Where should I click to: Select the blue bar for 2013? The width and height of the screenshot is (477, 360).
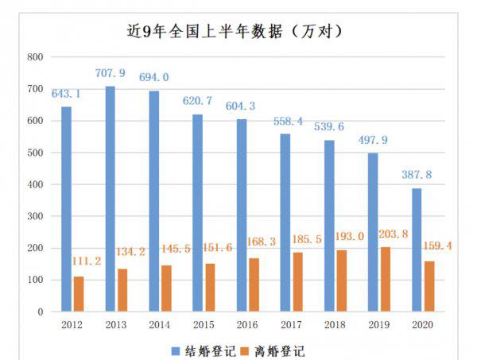[110, 199]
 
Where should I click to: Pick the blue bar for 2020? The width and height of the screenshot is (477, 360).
[417, 250]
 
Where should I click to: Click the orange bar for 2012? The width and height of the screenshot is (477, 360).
[79, 294]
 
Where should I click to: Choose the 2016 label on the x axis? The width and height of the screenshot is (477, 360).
[247, 324]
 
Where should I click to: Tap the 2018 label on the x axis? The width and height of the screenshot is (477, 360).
[335, 324]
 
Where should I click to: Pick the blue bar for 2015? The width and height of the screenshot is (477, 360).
[197, 213]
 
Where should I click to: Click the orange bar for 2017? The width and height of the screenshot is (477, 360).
[297, 282]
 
